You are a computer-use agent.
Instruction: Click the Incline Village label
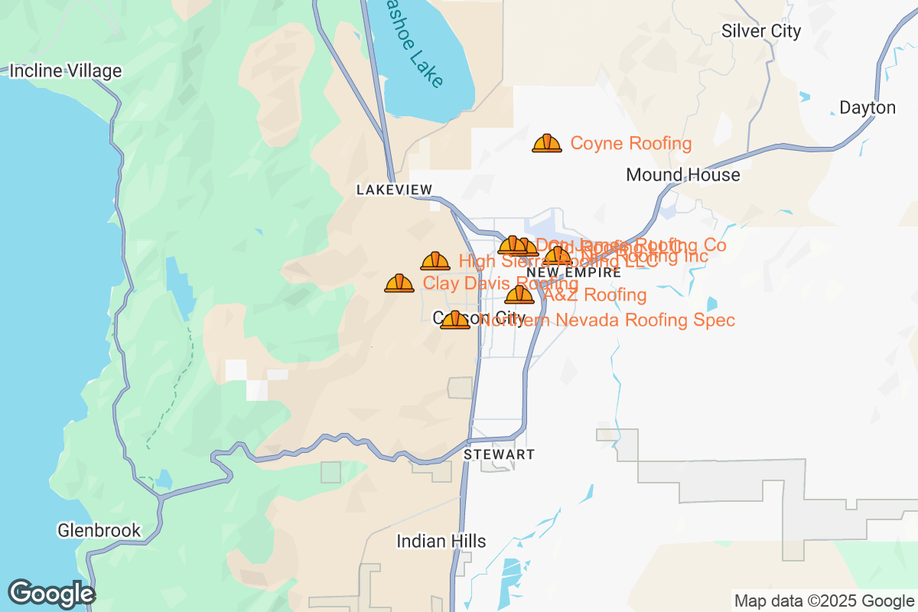coord(65,71)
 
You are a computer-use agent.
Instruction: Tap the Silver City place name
coord(761,31)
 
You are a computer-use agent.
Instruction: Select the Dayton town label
coord(867,108)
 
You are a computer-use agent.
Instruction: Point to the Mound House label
coord(682,175)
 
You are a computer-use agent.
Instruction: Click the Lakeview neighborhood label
coord(394,190)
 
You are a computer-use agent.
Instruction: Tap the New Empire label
coord(573,272)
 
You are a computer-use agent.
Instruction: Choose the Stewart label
coord(499,454)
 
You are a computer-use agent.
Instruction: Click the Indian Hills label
coord(441,542)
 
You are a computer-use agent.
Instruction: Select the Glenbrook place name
coord(99,530)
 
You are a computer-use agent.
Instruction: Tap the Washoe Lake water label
coord(413,46)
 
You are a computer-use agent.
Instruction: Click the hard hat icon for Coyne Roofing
coord(546,143)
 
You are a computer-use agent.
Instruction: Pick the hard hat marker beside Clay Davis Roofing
coord(399,284)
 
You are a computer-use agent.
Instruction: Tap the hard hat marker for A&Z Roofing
coord(519,295)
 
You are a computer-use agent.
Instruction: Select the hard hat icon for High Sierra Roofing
coord(435,262)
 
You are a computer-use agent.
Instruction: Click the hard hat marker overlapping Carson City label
coord(455,320)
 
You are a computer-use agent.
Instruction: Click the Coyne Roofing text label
coord(631,144)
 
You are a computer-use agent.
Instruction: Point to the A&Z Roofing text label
coord(594,295)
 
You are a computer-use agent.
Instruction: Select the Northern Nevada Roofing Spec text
coord(607,320)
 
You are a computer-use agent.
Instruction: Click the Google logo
coord(51,594)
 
